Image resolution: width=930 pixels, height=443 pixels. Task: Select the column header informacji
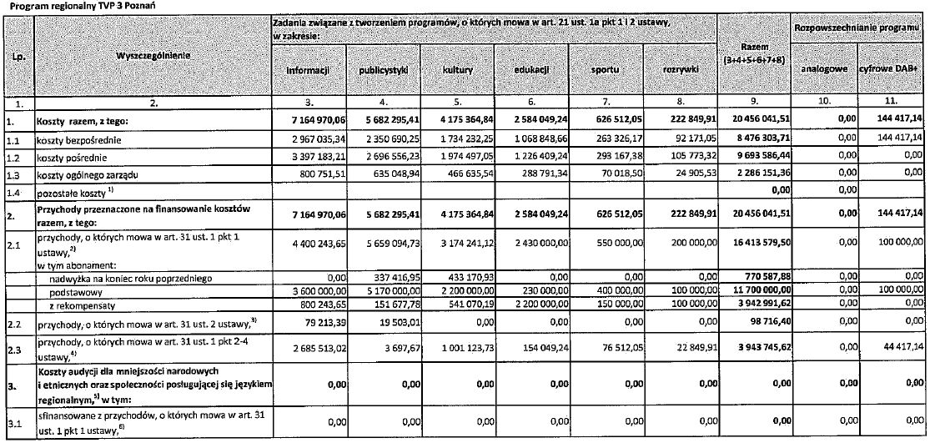(308, 71)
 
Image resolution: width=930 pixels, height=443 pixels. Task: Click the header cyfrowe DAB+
(893, 71)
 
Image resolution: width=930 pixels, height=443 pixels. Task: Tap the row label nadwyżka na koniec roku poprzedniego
(126, 275)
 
